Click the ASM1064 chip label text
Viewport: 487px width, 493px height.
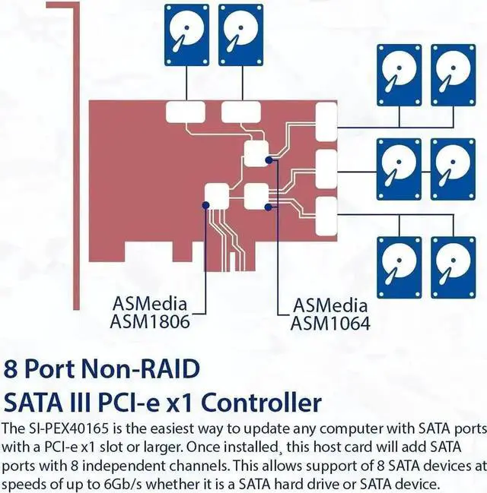[331, 324]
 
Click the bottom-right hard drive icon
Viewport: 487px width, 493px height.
[454, 267]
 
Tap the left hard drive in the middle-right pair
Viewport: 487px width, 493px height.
[399, 172]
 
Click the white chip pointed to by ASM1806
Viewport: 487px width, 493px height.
[217, 197]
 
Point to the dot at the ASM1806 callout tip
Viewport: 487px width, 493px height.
[206, 204]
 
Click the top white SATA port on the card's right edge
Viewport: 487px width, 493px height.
[326, 121]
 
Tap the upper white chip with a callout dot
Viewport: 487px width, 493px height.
[256, 151]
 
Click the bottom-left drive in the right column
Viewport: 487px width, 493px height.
[399, 267]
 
